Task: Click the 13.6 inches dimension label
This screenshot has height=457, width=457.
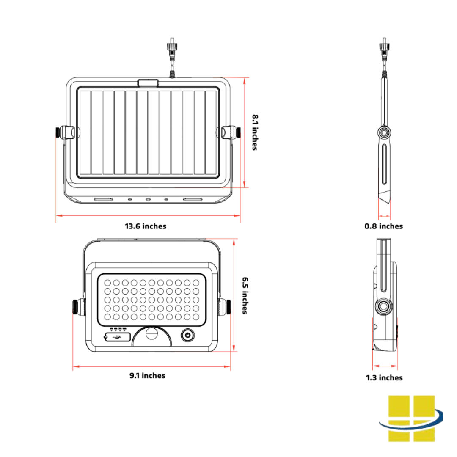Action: [146, 226]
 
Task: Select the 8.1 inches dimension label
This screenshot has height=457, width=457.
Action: [255, 132]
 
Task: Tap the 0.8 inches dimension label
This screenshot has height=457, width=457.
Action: [384, 226]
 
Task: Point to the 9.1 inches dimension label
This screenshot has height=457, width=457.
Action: [147, 375]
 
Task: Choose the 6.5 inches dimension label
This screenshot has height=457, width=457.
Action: [245, 295]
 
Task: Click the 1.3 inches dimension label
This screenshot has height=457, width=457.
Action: [384, 377]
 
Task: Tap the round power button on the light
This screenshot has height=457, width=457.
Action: [187, 336]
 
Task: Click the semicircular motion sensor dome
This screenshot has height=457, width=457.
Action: [151, 337]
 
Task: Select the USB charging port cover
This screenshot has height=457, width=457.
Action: [117, 337]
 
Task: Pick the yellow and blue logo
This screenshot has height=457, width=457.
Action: [411, 418]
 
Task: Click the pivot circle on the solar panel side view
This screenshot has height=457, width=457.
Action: [384, 133]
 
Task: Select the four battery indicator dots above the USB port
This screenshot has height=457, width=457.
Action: [117, 328]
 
